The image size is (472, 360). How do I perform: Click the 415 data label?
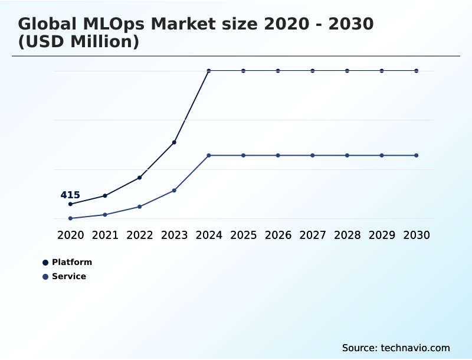[x=70, y=195]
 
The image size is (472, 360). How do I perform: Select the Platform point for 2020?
[x=70, y=204]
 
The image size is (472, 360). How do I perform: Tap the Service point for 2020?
[x=70, y=218]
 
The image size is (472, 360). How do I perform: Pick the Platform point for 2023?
[x=174, y=142]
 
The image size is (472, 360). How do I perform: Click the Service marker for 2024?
[x=209, y=155]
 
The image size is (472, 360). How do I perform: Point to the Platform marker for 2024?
[x=209, y=71]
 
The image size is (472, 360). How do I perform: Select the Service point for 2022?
[x=140, y=207]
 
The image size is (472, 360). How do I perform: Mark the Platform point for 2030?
[x=417, y=71]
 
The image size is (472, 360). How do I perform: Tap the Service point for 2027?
[x=313, y=155]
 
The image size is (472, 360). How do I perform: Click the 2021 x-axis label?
[x=105, y=235]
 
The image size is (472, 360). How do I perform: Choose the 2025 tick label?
[x=244, y=235]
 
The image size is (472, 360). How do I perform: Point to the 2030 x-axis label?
[x=417, y=235]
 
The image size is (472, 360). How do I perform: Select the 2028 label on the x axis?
[x=347, y=235]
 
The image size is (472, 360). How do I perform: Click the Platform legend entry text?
[x=72, y=262]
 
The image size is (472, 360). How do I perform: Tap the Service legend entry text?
[x=69, y=276]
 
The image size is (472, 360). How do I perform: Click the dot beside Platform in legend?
[x=45, y=263]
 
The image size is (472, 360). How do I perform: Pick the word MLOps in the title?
[x=114, y=25]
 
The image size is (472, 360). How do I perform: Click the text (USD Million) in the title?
[x=78, y=42]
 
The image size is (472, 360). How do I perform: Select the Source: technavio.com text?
[x=396, y=348]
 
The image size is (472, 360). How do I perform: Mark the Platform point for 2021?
[x=105, y=195]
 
